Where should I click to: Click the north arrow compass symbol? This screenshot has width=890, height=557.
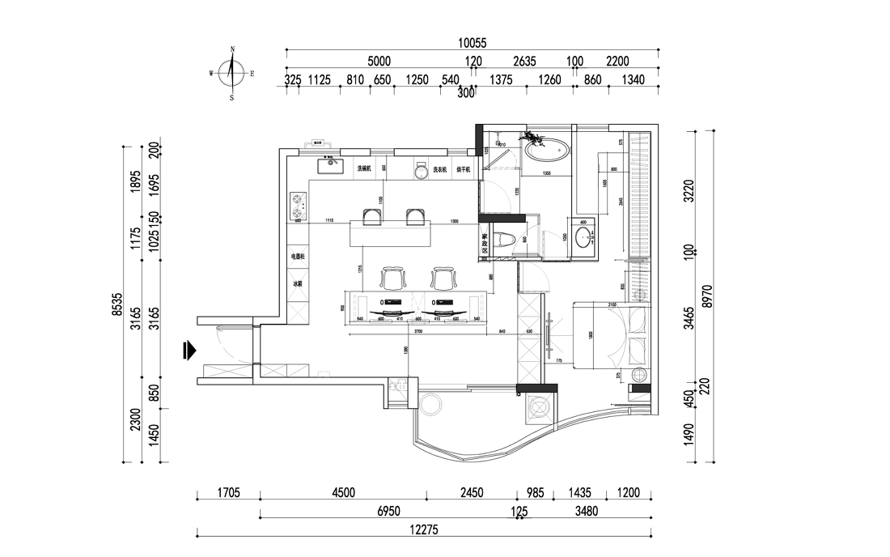point(232,74)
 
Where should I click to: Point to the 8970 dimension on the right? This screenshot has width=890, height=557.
point(710,296)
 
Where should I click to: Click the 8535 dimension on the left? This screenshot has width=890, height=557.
point(117,304)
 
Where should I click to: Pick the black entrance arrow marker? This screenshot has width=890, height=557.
point(189,350)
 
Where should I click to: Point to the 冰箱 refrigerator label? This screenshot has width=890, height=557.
point(298,284)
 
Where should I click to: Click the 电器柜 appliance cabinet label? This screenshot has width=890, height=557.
point(298,256)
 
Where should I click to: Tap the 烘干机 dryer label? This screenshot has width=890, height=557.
point(464,169)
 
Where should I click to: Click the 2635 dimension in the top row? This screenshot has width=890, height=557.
point(524,61)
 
